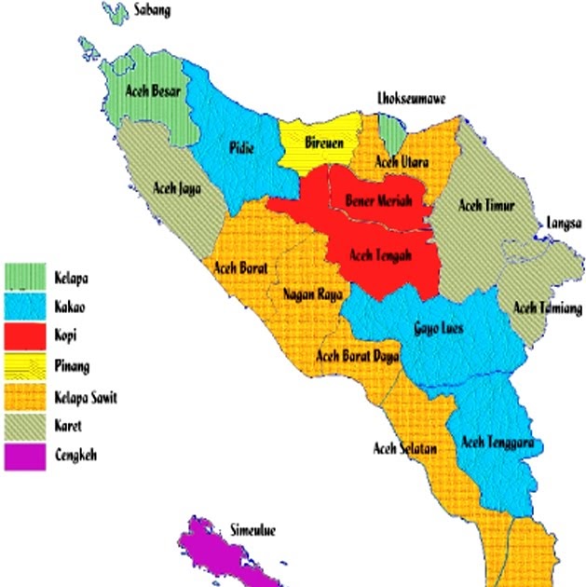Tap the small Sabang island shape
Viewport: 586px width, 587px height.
(x=116, y=13)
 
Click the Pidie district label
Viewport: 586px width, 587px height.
(x=243, y=147)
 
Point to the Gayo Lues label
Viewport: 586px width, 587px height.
(x=438, y=328)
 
